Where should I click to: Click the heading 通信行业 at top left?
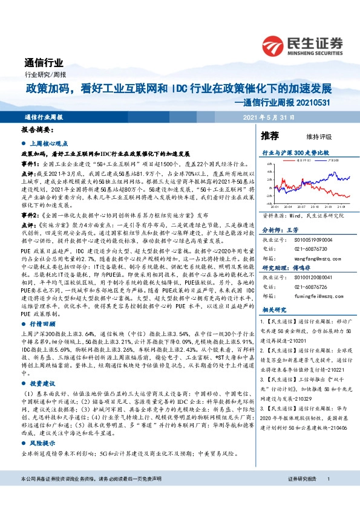44,63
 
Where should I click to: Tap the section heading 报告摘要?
37,130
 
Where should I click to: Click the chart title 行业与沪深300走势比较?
295,154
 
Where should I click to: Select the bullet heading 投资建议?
42,383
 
